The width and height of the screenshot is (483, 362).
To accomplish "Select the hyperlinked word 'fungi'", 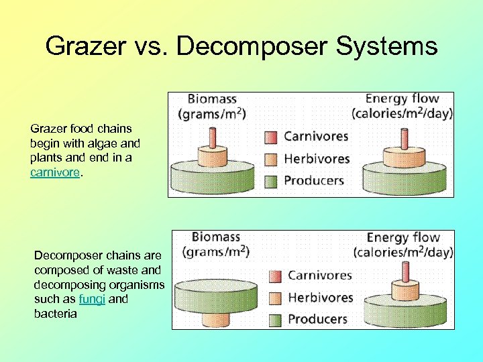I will tap(92, 299).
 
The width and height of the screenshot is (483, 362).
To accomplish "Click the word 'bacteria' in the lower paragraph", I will tap(55, 313).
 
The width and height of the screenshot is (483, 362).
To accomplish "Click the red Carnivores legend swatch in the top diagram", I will tap(270, 137).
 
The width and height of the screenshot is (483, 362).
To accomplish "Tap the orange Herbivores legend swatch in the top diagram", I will tap(270, 159).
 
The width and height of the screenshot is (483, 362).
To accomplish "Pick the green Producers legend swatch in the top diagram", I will tap(270, 180).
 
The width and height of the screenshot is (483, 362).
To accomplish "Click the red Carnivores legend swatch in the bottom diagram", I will tap(275, 276).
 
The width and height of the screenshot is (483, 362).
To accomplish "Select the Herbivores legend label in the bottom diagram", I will tap(320, 297).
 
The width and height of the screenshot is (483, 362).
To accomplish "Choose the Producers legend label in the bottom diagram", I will tap(317, 318).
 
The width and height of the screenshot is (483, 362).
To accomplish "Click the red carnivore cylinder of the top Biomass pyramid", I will tap(213, 137).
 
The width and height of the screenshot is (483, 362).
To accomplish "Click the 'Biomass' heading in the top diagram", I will tap(211, 99).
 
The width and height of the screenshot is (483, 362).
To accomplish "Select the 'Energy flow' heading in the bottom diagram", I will tap(403, 237).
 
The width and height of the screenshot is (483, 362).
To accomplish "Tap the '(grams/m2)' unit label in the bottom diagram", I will tap(215, 252).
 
